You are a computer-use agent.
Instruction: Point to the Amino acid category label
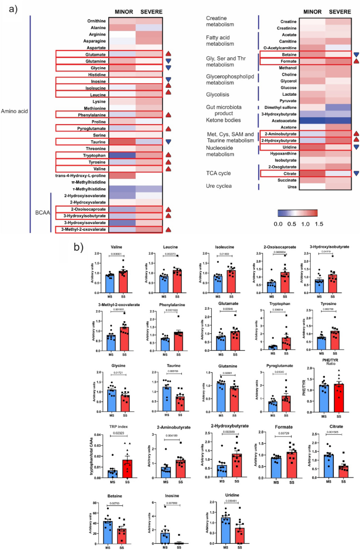pos(14,111)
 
